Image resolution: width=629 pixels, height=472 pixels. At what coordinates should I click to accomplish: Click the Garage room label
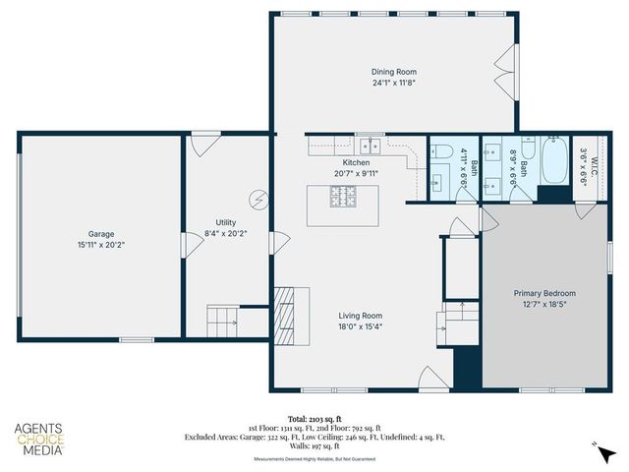tap(101, 234)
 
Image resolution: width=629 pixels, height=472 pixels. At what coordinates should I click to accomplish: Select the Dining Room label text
tap(395, 72)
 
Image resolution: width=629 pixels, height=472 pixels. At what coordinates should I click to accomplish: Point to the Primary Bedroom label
tap(545, 293)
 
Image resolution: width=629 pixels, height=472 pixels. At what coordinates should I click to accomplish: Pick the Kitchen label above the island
tap(356, 162)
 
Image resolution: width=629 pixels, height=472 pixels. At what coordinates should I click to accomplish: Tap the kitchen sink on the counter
tap(367, 146)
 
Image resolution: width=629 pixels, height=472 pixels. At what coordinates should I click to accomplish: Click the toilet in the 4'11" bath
tap(438, 152)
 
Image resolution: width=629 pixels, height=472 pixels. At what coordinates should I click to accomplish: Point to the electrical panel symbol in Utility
tap(258, 199)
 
